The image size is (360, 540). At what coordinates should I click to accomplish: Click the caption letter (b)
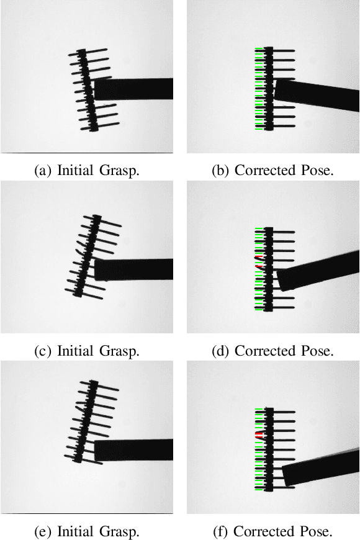220,171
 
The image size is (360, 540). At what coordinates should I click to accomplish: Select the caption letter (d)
220,351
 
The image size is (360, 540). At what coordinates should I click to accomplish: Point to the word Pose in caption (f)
316,531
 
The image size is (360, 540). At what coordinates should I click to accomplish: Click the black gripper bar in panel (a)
133,89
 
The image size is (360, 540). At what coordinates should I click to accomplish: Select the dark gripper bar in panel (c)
133,269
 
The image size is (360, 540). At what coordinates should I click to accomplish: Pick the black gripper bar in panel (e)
133,449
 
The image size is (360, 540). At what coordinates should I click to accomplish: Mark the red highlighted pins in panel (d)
259,261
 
